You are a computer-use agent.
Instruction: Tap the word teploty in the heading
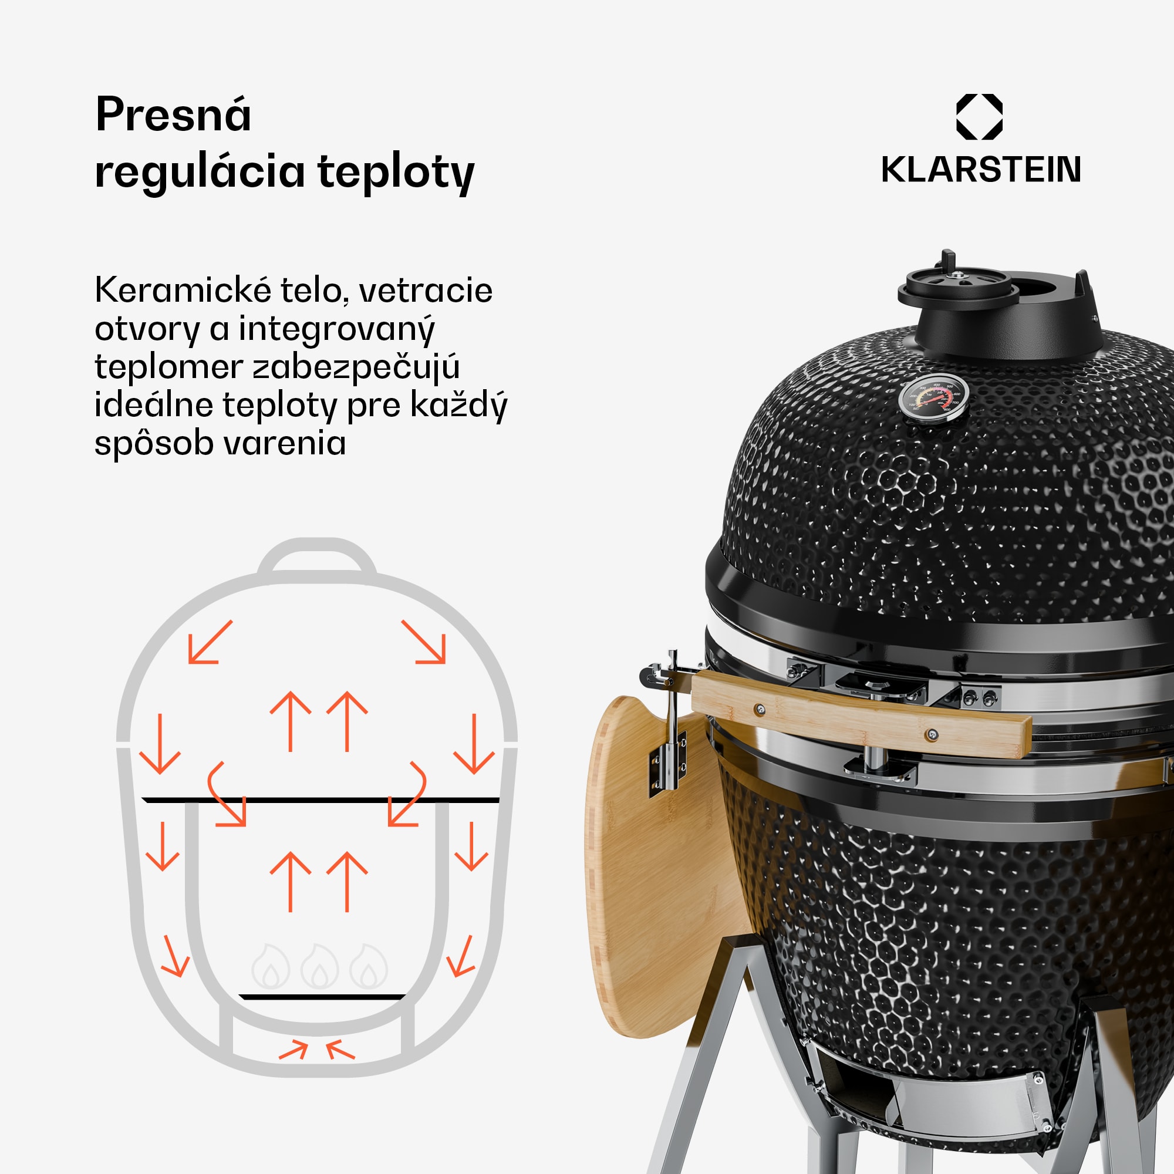coord(396,173)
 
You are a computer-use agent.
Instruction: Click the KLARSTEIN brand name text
coord(981,170)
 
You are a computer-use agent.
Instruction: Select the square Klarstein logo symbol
coord(980,117)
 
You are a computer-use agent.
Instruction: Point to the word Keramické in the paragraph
coord(183,290)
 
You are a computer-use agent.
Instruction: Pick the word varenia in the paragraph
coord(286,443)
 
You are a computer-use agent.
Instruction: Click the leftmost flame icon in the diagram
coord(271,966)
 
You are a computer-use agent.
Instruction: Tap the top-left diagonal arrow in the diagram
coord(210,642)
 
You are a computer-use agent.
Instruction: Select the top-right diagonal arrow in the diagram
coord(424,642)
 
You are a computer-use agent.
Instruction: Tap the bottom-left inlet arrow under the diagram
coord(293,1050)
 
